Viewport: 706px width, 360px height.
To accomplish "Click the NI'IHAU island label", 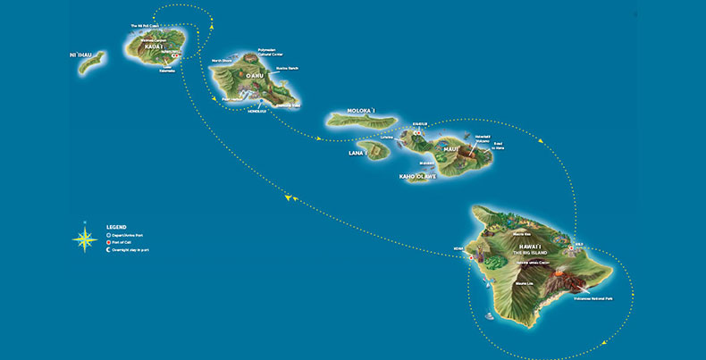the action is tap(80, 54).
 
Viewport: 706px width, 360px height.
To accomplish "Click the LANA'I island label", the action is tap(359, 153).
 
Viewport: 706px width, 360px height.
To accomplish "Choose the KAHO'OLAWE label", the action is tap(418, 177).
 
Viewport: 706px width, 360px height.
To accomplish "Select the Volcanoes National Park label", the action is tap(590, 298).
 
